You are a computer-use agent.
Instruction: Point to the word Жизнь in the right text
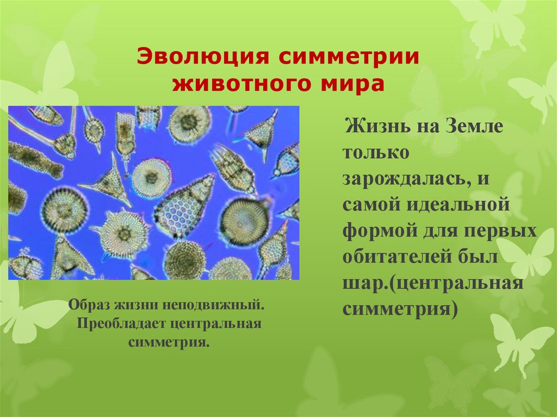coord(374,129)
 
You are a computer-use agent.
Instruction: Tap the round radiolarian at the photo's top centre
coord(189,123)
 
